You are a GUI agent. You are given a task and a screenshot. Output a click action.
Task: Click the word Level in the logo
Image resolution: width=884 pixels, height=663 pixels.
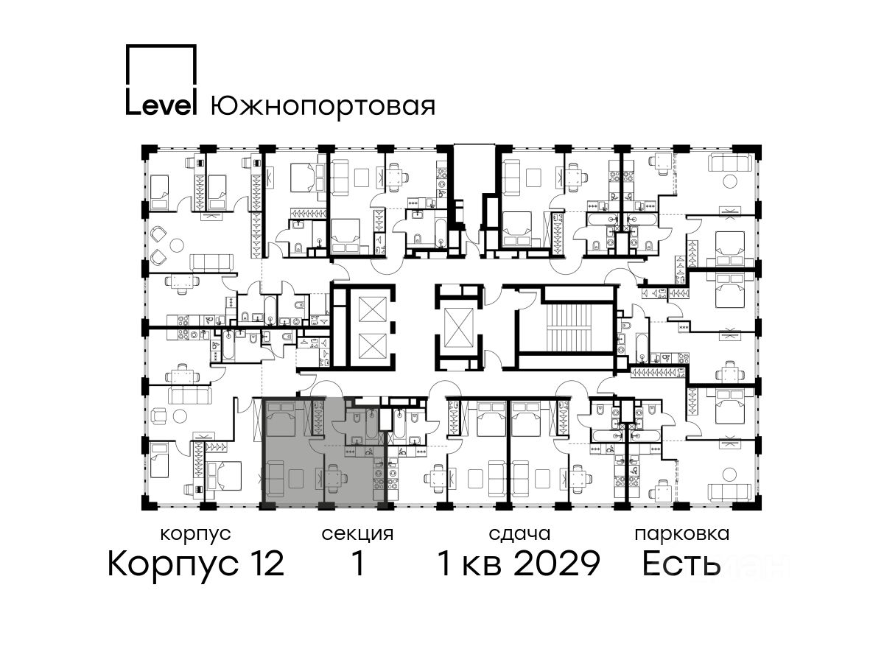(161, 106)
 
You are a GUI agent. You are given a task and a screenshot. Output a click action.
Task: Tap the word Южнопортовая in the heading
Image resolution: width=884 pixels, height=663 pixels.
(323, 107)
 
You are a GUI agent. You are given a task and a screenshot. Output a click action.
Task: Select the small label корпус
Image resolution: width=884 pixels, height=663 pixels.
(196, 535)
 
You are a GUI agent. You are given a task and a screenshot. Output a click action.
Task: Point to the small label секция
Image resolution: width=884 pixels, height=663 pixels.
(357, 534)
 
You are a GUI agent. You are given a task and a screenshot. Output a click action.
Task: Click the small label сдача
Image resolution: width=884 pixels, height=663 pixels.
(519, 534)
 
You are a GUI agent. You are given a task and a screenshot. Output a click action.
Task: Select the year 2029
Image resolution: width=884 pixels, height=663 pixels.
(558, 564)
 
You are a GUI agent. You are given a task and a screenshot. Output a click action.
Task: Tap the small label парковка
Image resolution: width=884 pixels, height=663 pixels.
(682, 535)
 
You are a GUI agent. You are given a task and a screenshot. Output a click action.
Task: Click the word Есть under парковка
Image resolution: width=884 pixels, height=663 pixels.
(681, 564)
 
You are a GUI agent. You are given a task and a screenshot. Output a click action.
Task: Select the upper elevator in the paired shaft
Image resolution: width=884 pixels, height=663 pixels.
(373, 309)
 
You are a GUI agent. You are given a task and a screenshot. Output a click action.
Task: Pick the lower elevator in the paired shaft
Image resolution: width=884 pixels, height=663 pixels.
(373, 346)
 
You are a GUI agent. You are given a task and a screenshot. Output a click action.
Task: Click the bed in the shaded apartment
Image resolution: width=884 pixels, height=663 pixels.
(281, 418)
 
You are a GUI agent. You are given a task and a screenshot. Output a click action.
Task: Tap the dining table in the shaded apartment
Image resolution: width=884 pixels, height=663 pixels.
(333, 478)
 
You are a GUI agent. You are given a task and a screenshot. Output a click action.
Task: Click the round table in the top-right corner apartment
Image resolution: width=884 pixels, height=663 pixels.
(730, 181)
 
